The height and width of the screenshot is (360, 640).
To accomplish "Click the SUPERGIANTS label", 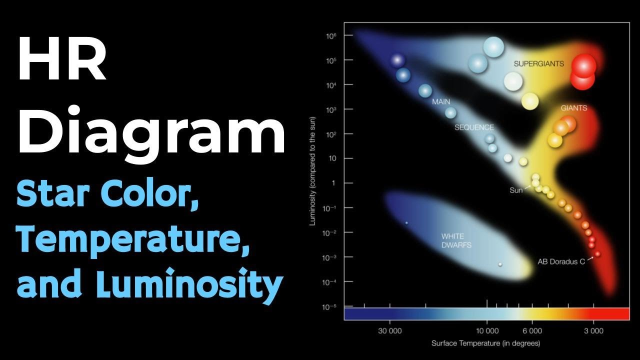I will [538, 64].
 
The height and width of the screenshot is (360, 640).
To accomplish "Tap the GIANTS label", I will [573, 108].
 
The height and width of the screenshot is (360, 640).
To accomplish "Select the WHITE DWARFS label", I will [456, 240].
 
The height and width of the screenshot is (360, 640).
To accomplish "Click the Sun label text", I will [516, 190].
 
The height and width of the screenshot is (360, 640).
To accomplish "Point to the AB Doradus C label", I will [561, 261].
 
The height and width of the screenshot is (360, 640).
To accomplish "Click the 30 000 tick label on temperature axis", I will [389, 331].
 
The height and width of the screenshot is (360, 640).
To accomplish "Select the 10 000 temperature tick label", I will [487, 331].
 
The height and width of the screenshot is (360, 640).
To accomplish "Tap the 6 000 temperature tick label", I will [532, 331].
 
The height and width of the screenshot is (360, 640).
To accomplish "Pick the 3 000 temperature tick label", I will [593, 331].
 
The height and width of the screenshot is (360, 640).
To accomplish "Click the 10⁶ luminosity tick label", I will [331, 36].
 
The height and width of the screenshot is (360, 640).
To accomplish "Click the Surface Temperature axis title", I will [485, 343].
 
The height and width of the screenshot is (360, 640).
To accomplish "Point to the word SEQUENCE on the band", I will [473, 127].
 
